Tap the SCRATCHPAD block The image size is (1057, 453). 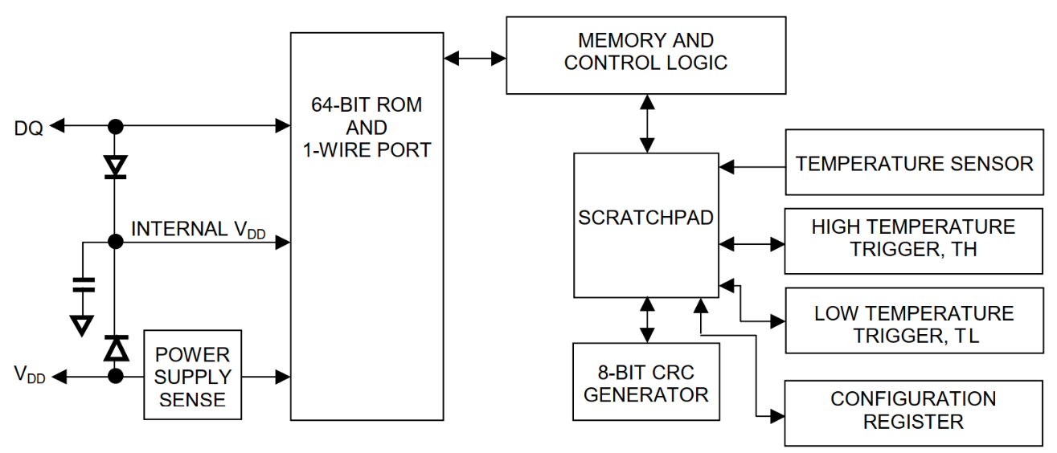[645, 225]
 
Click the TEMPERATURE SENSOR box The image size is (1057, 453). [914, 163]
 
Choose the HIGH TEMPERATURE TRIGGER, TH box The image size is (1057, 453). [914, 239]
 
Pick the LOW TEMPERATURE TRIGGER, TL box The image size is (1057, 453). [914, 323]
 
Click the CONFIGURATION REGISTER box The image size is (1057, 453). [914, 410]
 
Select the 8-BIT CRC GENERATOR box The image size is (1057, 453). [645, 382]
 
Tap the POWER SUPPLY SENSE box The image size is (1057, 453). [192, 375]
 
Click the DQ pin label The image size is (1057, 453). [28, 126]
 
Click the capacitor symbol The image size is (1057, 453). [83, 283]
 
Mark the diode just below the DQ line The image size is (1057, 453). [116, 165]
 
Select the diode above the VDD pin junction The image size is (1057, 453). [116, 349]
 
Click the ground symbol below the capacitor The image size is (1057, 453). [83, 324]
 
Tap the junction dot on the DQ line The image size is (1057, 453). [116, 126]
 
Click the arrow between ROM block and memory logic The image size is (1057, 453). [474, 58]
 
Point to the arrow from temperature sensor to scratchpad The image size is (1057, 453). [752, 167]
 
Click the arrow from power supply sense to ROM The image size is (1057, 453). [265, 375]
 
